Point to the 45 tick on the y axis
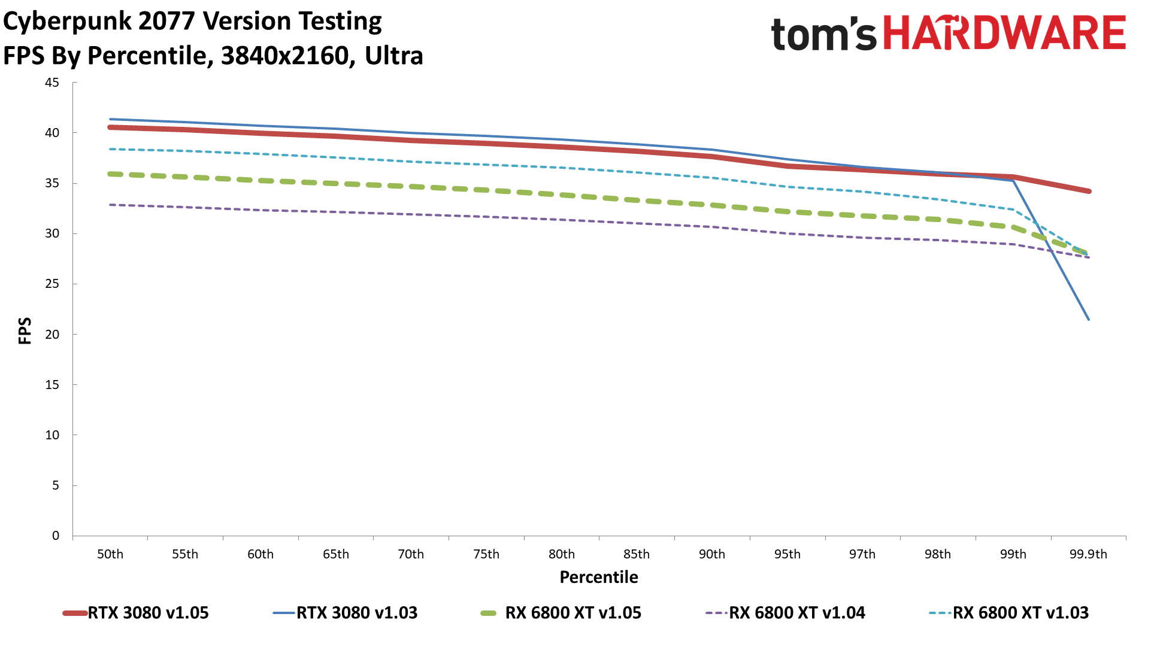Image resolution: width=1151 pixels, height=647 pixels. (52, 83)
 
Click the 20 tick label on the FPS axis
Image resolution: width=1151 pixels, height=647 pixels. (52, 335)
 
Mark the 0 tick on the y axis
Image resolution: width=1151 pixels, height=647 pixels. (56, 536)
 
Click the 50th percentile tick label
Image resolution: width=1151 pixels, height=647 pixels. (110, 554)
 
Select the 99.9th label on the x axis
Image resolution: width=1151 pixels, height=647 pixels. (1088, 554)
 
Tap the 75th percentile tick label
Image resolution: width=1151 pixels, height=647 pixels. (486, 554)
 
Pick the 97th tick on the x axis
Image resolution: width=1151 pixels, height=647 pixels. (862, 554)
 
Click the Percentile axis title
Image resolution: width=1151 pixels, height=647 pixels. (599, 577)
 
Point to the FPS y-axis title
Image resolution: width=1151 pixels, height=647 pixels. (25, 330)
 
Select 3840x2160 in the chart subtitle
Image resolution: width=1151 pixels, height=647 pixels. (284, 56)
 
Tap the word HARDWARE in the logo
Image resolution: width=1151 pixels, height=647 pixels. (1004, 33)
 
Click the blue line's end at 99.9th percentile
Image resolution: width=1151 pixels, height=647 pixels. (1088, 319)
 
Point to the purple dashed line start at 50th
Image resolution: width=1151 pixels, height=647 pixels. (111, 205)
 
